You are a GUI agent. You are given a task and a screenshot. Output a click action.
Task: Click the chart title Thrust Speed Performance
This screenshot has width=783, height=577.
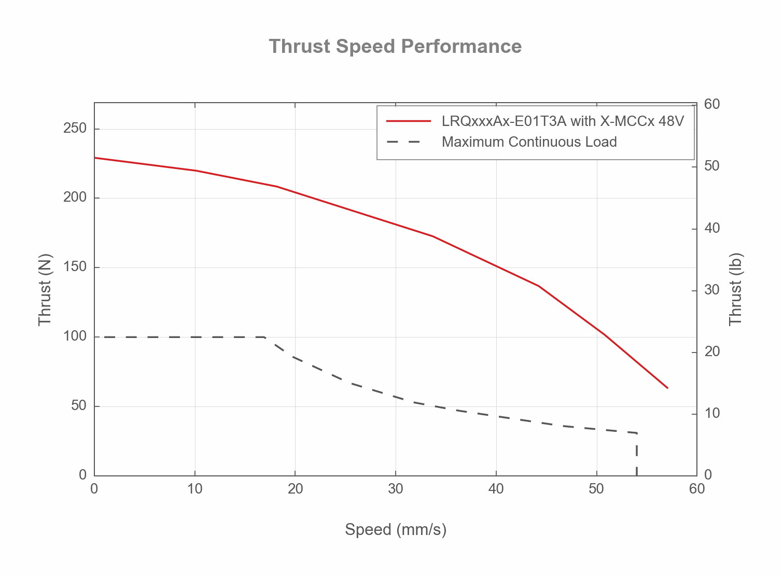pyautogui.click(x=395, y=46)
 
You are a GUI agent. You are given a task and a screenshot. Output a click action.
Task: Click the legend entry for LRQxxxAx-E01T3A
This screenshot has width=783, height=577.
pyautogui.click(x=563, y=121)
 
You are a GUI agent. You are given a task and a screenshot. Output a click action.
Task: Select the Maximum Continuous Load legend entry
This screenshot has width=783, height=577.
pyautogui.click(x=529, y=142)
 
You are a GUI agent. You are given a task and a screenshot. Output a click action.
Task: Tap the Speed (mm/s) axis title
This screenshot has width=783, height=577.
pyautogui.click(x=396, y=529)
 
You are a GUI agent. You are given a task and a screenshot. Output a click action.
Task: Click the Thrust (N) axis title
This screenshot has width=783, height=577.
pyautogui.click(x=45, y=289)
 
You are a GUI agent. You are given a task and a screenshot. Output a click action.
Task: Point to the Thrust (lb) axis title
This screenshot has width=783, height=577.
pyautogui.click(x=736, y=289)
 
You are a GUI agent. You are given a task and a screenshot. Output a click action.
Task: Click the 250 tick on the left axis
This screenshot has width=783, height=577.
pyautogui.click(x=75, y=129)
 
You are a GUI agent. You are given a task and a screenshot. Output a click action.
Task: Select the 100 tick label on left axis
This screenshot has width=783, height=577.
pyautogui.click(x=75, y=336)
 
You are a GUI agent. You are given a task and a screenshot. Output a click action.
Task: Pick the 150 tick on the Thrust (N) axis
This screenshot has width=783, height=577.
pyautogui.click(x=75, y=267)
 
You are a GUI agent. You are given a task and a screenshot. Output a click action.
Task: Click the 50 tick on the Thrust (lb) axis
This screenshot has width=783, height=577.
pyautogui.click(x=712, y=166)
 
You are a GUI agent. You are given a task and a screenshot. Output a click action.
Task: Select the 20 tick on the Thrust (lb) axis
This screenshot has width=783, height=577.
pyautogui.click(x=712, y=351)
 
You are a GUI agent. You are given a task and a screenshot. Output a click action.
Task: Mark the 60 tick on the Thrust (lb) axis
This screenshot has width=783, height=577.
pyautogui.click(x=712, y=104)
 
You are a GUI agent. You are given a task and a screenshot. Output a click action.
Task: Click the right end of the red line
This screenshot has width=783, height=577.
pyautogui.click(x=667, y=388)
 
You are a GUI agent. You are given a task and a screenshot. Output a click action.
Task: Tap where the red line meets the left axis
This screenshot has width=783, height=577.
pyautogui.click(x=95, y=158)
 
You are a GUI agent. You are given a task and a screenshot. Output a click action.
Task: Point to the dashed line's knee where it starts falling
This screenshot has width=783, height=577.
pyautogui.click(x=265, y=337)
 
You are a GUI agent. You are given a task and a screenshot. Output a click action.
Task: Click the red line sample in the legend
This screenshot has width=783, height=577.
pyautogui.click(x=409, y=121)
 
